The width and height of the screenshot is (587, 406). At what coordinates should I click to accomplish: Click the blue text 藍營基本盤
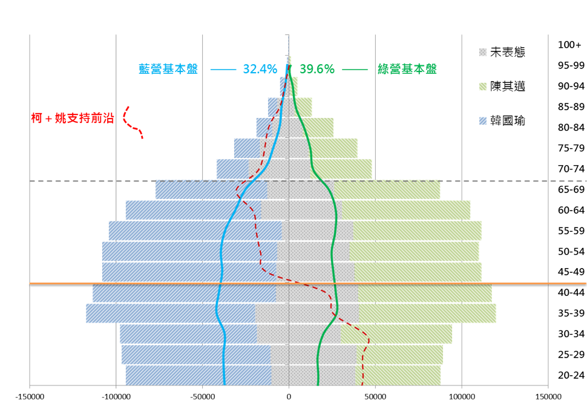(168, 69)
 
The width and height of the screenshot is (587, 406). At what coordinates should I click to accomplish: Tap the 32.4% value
(260, 69)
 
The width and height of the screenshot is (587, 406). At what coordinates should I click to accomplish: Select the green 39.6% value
(317, 69)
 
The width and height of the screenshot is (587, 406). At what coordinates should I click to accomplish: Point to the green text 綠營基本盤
(407, 69)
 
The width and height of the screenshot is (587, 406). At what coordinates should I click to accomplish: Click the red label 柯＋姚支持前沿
(73, 118)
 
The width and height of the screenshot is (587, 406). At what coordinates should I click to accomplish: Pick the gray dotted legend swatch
(483, 53)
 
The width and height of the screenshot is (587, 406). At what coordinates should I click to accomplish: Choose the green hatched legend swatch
(483, 87)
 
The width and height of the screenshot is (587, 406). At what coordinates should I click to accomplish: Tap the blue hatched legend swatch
(483, 121)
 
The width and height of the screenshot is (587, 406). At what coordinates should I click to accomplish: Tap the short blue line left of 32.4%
(223, 70)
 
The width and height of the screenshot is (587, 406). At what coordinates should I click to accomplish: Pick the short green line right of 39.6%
(355, 70)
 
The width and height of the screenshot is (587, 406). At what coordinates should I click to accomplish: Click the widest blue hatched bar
(169, 313)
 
